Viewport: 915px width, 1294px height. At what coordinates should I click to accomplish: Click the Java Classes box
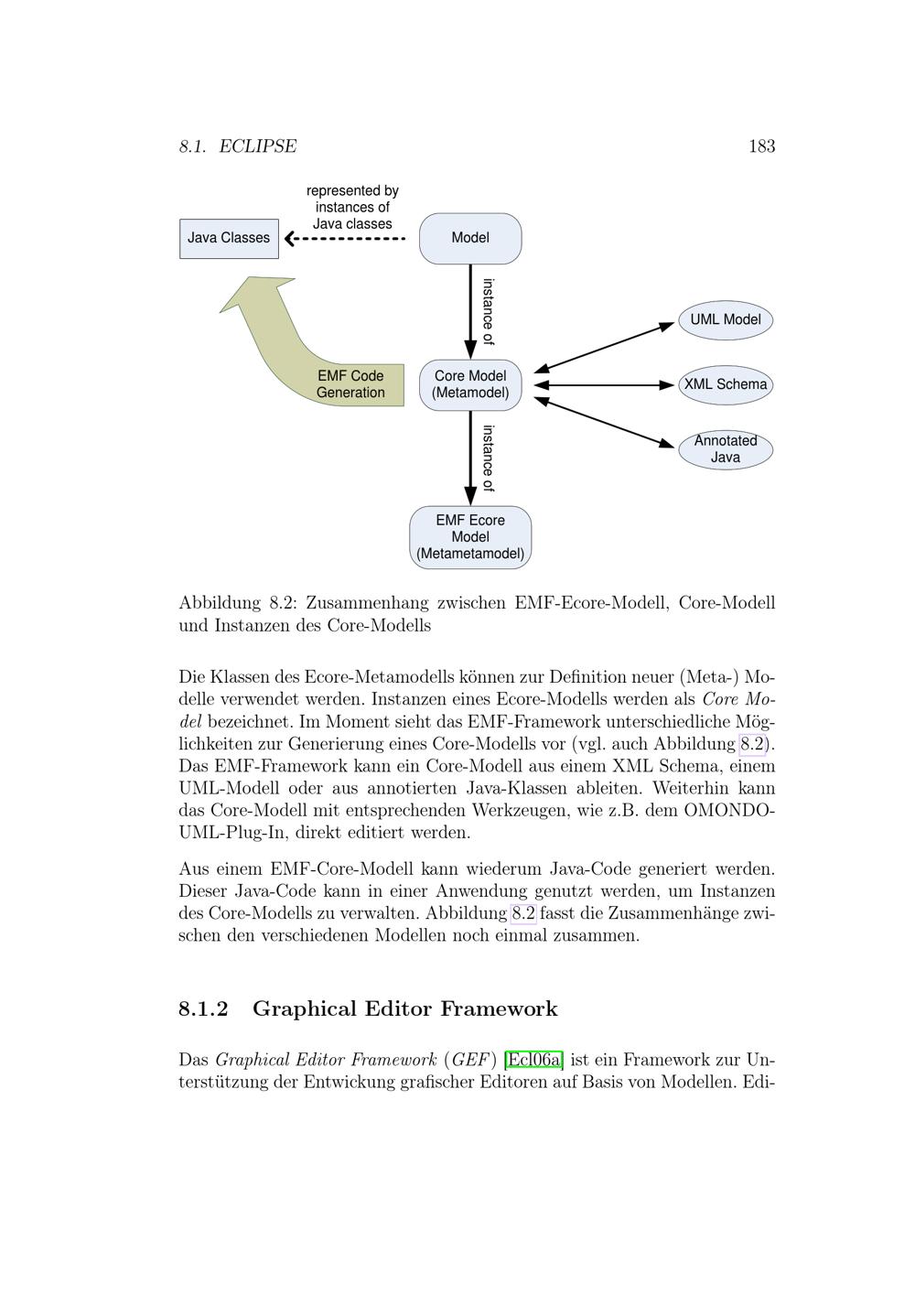point(229,239)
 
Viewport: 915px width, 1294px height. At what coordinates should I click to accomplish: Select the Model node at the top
point(470,239)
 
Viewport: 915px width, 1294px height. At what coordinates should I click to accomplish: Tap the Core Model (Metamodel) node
point(470,385)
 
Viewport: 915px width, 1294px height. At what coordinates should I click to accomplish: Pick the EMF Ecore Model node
point(470,537)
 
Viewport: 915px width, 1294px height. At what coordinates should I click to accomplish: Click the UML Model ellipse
point(726,320)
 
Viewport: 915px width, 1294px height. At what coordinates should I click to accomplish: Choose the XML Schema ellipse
point(726,385)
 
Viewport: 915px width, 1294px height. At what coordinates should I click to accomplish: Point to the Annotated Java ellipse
point(726,449)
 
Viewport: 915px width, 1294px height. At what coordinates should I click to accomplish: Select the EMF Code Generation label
point(350,384)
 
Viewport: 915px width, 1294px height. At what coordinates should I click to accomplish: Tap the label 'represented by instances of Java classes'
point(352,207)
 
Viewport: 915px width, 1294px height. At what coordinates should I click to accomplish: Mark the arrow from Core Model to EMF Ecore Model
point(470,458)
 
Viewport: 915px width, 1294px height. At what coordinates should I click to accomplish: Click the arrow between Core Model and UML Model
point(604,347)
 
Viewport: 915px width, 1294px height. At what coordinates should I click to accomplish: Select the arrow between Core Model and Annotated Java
point(604,422)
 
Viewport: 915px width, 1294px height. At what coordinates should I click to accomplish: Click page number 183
point(761,146)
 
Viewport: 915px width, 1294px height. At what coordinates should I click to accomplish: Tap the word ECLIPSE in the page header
point(257,146)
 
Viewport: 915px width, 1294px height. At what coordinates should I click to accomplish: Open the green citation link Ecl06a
point(533,1060)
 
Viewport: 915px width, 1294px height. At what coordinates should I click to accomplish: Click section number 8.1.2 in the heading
point(203,1009)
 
